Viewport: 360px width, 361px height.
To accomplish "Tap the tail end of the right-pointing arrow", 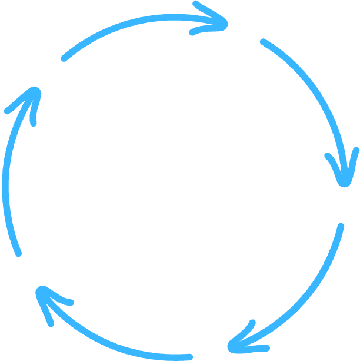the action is click(64, 58).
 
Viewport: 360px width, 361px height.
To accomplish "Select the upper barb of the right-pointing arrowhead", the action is click(196, 4).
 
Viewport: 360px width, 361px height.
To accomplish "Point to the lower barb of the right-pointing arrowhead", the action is click(192, 32).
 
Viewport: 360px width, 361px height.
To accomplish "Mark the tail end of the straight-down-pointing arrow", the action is click(264, 42).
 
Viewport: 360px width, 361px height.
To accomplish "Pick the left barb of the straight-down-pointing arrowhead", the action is click(328, 157).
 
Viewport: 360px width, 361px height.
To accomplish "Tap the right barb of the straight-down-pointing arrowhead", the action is click(355, 150).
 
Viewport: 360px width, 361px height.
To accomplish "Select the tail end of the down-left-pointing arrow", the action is click(340, 226).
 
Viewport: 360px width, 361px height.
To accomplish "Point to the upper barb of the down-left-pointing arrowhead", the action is click(252, 323).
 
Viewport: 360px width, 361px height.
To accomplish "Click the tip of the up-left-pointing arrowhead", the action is click(39, 289).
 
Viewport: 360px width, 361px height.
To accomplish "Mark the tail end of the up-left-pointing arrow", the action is click(189, 357).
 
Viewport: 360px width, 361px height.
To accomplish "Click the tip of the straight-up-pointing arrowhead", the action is click(36, 91).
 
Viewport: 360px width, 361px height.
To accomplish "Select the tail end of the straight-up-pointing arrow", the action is click(19, 253).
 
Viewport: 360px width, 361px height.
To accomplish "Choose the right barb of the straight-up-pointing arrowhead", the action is click(34, 122).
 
